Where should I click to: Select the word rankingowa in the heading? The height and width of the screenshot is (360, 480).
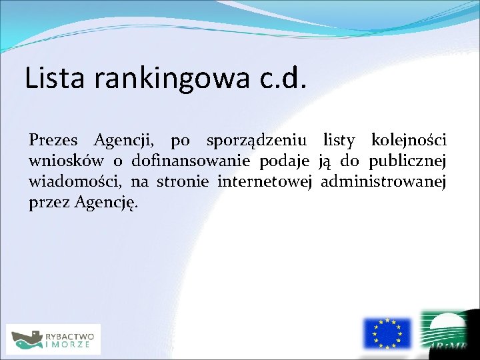coord(171,79)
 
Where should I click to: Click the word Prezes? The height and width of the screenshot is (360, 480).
coord(53,141)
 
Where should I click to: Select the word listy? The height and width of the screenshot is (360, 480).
coord(341,141)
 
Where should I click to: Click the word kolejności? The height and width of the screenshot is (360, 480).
coord(408,141)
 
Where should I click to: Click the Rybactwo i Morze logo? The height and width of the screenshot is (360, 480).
coord(53,339)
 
